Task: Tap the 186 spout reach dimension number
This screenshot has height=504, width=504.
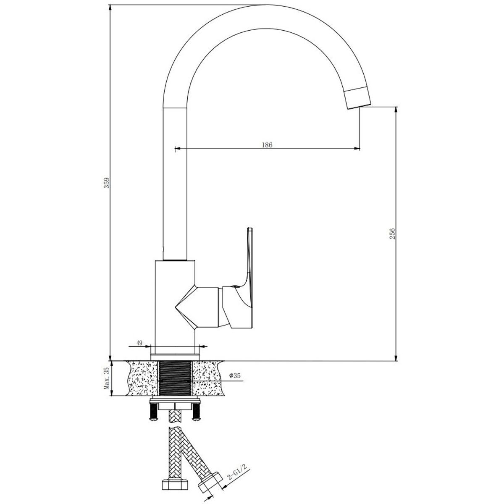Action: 267,145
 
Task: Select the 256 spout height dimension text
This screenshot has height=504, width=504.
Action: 392,234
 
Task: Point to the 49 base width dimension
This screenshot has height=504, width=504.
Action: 139,343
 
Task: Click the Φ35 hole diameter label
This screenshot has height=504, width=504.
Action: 235,375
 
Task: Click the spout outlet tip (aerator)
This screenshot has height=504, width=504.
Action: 358,98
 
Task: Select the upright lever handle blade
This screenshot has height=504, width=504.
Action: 250,277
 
